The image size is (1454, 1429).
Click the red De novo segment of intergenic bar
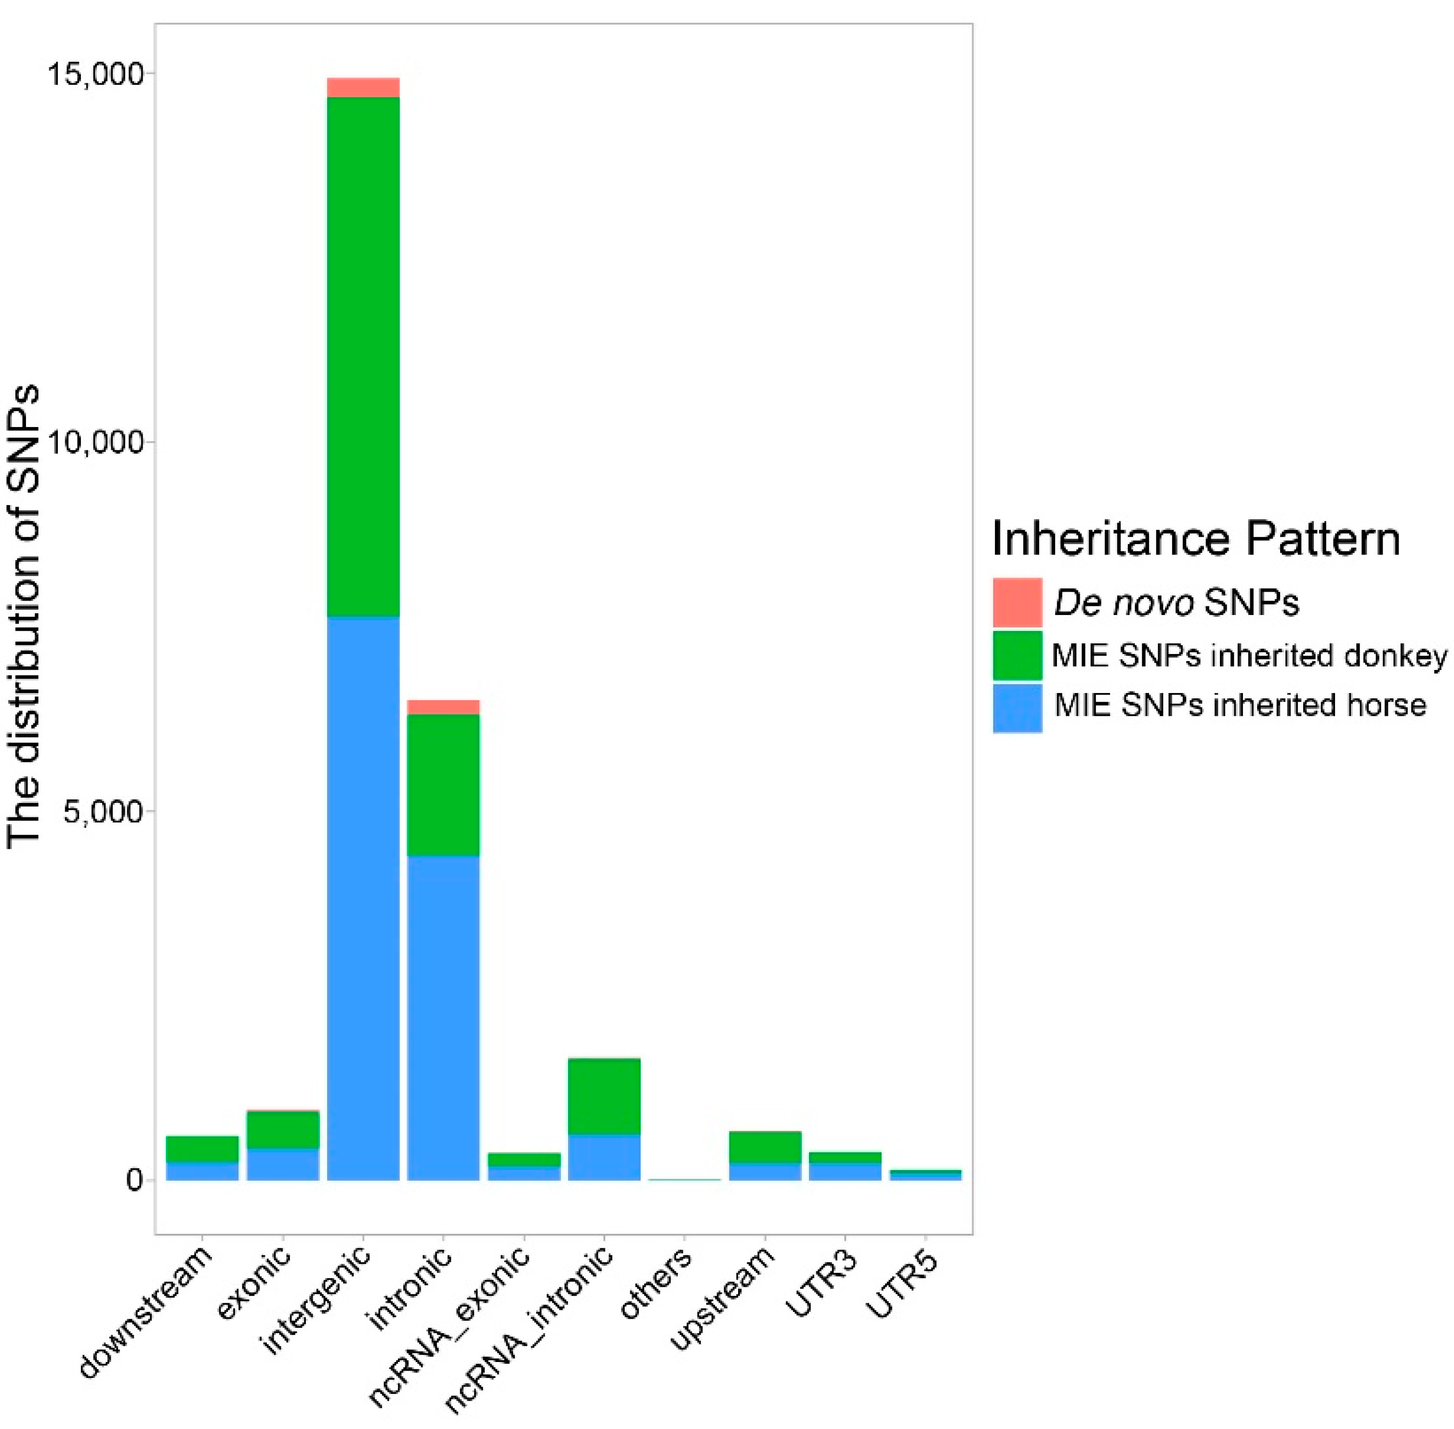pos(363,88)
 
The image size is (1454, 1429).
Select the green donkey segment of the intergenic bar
pos(363,357)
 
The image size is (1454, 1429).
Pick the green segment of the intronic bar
pos(443,784)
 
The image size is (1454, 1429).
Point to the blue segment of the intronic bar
pos(443,1017)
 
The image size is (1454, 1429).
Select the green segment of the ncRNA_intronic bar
pos(604,1096)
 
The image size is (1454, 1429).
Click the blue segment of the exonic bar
pos(283,1165)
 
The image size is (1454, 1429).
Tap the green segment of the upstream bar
pos(765,1147)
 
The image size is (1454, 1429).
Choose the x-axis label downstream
pos(146,1313)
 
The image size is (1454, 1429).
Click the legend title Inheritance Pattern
pos(1196,538)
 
